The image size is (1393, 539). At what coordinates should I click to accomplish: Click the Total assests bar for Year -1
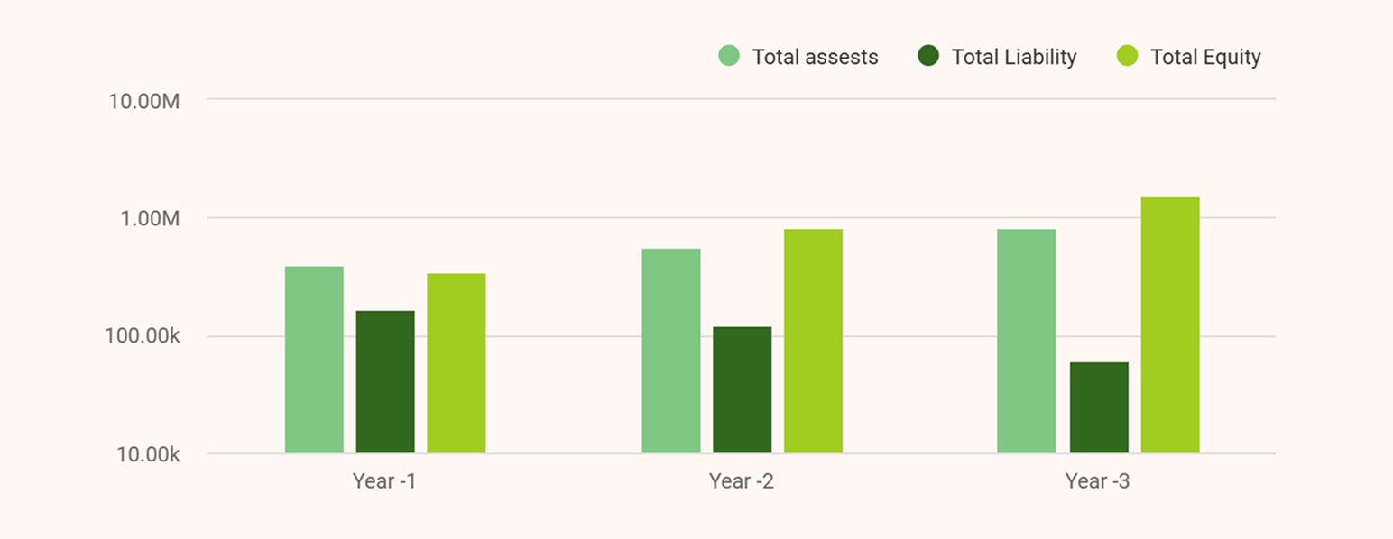[x=314, y=360]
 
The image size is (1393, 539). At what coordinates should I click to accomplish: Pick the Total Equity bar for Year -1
[x=456, y=363]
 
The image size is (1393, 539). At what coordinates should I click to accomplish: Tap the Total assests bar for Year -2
[x=671, y=351]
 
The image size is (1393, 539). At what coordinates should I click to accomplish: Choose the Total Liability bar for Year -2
[x=742, y=389]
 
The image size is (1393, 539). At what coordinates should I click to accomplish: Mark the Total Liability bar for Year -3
[x=1099, y=407]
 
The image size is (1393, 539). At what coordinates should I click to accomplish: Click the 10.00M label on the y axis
[x=144, y=101]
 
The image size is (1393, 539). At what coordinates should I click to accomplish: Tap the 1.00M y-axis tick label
[x=149, y=219]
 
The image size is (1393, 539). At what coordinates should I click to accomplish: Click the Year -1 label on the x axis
[x=384, y=481]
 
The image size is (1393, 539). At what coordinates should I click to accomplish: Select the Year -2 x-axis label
[x=741, y=481]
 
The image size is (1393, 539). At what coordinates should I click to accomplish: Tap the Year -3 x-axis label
[x=1097, y=481]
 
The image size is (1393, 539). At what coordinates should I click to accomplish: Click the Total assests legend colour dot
[x=729, y=56]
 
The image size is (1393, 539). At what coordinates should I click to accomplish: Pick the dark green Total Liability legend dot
[x=928, y=56]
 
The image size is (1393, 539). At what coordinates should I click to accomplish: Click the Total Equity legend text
[x=1205, y=58]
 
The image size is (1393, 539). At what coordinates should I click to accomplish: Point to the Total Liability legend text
[x=1014, y=58]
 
